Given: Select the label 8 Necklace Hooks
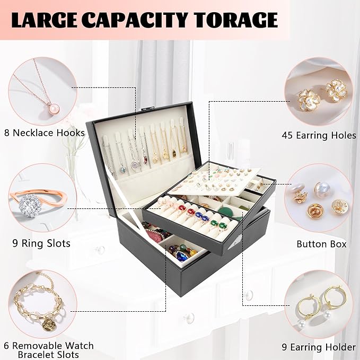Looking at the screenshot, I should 44,133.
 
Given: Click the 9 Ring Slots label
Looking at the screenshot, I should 41,244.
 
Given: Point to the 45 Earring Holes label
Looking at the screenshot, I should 319,135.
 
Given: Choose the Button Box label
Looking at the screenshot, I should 321,244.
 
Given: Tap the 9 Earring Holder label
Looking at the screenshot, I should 318,347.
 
